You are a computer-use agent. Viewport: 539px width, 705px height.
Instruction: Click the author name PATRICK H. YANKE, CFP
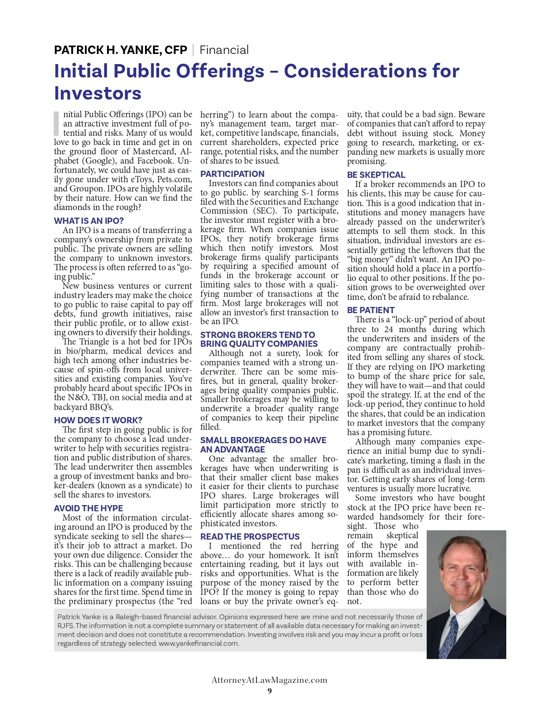[120, 50]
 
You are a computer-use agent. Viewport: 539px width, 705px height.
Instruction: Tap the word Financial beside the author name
[224, 50]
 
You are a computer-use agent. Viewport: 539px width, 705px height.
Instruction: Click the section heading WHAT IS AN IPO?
[89, 221]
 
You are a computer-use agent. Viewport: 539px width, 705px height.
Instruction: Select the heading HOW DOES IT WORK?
[98, 420]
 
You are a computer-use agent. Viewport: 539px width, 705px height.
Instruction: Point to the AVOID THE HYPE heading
[88, 508]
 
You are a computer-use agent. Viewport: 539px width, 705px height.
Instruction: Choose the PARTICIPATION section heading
[232, 174]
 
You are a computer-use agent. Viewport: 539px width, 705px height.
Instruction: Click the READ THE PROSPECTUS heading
[250, 536]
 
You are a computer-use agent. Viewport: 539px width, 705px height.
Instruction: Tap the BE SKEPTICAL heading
[376, 175]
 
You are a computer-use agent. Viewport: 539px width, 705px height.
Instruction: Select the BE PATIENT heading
[371, 310]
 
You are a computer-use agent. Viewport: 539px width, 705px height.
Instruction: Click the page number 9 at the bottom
[270, 691]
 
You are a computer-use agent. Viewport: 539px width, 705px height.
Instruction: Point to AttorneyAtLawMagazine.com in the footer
[269, 680]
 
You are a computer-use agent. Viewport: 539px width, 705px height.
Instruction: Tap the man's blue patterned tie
[451, 640]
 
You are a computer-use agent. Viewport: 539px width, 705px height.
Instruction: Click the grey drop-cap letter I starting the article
[56, 123]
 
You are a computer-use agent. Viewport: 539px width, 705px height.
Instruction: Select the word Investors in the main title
[98, 93]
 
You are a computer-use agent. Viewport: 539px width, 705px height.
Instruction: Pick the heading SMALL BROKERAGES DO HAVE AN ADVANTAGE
[263, 444]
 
